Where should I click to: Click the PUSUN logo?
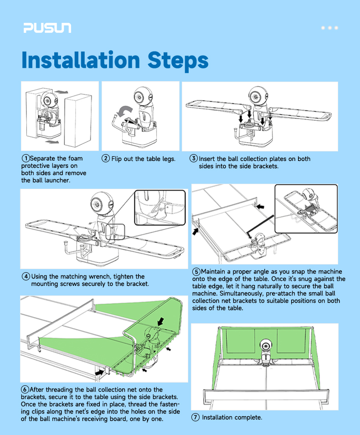click(x=47, y=28)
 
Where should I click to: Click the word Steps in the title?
click(x=178, y=61)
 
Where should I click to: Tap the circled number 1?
click(x=26, y=158)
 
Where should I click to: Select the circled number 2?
click(x=106, y=159)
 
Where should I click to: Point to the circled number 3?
click(x=194, y=158)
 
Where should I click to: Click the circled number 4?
click(x=26, y=276)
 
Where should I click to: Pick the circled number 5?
click(x=196, y=272)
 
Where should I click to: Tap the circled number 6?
click(x=25, y=389)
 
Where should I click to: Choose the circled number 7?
click(x=195, y=417)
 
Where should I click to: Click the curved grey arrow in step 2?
click(x=124, y=110)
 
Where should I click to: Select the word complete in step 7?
click(x=248, y=418)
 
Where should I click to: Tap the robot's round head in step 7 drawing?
click(x=265, y=345)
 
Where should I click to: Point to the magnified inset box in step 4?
click(x=160, y=207)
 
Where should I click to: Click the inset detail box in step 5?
click(x=306, y=209)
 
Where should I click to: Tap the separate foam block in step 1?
click(x=77, y=120)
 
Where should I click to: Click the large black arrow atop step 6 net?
click(x=160, y=322)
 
